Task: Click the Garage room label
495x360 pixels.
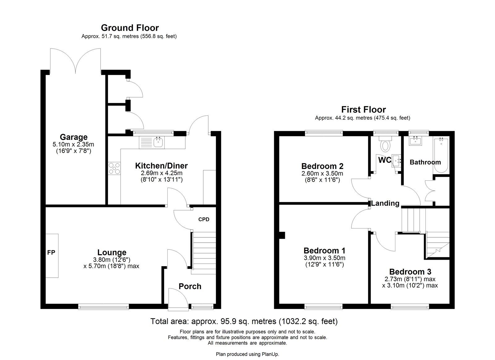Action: (x=74, y=137)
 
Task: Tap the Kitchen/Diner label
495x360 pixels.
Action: (x=161, y=166)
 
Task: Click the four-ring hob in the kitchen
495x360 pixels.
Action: (x=114, y=168)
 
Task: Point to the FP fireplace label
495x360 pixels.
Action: (x=51, y=252)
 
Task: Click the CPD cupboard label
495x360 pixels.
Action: (x=204, y=219)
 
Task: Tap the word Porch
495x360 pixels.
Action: (x=190, y=286)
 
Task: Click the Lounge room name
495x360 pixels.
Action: (x=112, y=252)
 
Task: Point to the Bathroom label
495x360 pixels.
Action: (x=425, y=162)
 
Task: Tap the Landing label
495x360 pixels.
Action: (x=385, y=203)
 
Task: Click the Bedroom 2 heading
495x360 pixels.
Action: (x=322, y=166)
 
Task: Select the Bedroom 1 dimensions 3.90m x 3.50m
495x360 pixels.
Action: (x=325, y=258)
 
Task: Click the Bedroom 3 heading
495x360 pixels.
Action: (x=410, y=272)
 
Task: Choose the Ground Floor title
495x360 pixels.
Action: (x=130, y=28)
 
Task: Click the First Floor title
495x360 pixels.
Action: (x=364, y=110)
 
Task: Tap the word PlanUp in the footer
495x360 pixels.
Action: (x=270, y=354)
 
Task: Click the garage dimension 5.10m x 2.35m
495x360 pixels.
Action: (x=73, y=145)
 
